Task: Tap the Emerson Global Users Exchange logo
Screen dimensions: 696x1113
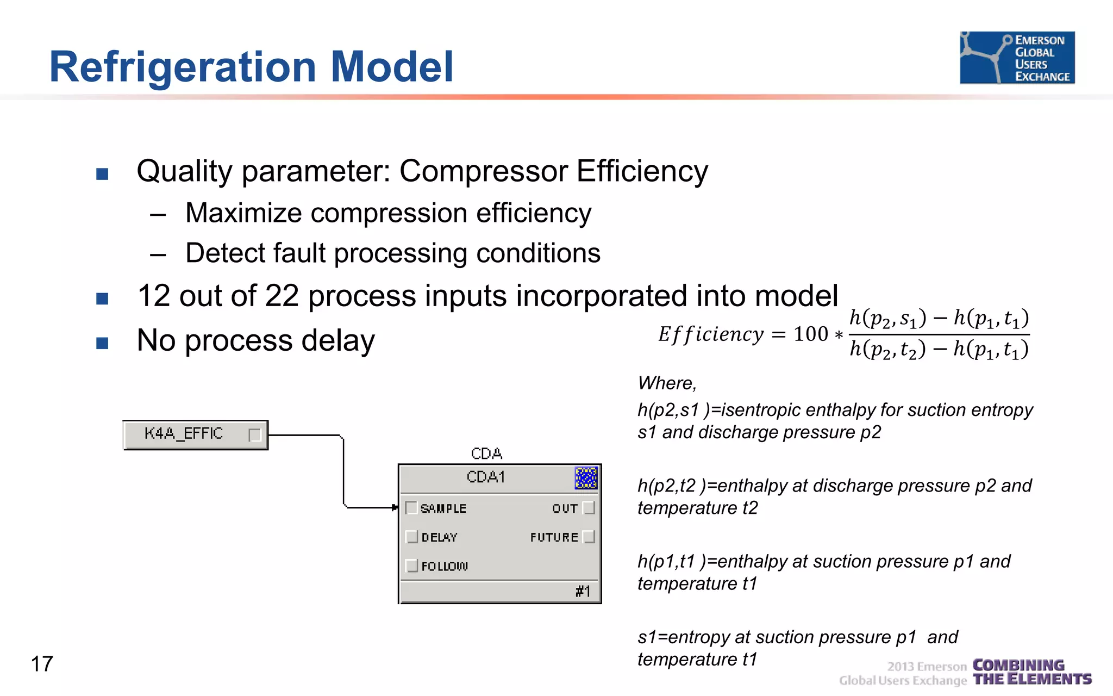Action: pos(1017,58)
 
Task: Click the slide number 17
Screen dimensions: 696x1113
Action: pos(42,664)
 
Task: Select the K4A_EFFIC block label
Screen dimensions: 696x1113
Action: pos(184,433)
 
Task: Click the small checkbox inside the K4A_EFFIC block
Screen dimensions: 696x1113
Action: pos(254,435)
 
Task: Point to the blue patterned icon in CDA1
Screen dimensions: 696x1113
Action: pos(586,478)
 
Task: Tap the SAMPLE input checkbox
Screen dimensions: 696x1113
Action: pos(411,508)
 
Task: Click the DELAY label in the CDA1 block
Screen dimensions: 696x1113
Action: pos(439,537)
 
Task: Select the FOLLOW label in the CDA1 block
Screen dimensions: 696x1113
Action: pos(444,566)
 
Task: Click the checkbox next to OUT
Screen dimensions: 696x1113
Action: pos(589,508)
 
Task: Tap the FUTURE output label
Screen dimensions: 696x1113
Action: pos(554,537)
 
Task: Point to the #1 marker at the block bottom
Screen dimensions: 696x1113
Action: pos(583,591)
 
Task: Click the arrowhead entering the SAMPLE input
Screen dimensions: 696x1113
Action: pos(395,508)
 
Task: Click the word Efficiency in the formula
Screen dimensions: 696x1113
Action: pos(711,334)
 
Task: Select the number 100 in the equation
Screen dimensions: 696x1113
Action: pos(810,334)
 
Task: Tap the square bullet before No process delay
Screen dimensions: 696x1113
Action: pos(102,343)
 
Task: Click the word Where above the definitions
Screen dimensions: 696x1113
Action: pos(666,383)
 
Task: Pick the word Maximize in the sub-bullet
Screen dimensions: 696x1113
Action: pos(243,213)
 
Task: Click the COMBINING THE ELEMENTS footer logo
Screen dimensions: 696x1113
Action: pos(1031,672)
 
